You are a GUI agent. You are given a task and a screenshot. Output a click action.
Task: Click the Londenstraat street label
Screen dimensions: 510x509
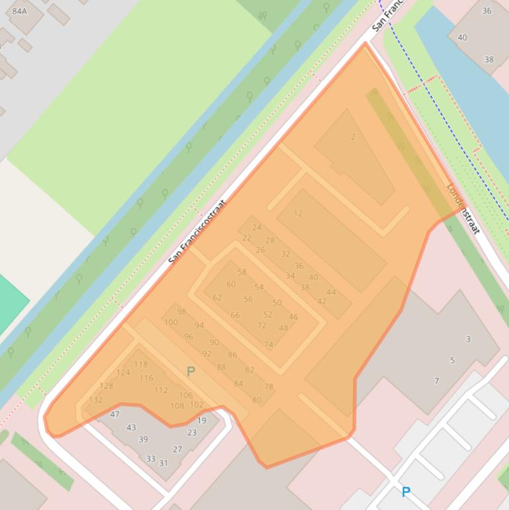[x=463, y=208]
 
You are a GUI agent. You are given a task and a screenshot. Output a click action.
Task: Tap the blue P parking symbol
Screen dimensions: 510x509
[x=406, y=491]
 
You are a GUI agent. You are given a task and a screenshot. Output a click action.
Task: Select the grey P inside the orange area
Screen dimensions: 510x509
[x=191, y=372]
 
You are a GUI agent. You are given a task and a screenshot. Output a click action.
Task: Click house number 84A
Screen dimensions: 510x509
[x=20, y=11]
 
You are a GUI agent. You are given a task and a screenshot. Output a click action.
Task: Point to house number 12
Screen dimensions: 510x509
[x=298, y=213]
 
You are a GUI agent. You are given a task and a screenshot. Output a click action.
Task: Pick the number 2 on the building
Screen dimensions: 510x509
[x=353, y=137]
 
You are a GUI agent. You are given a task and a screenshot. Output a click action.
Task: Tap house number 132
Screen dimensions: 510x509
[x=96, y=399]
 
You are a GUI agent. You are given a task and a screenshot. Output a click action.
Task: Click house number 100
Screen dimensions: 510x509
[x=171, y=323]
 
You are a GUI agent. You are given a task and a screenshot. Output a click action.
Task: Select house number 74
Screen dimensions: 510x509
[x=268, y=344]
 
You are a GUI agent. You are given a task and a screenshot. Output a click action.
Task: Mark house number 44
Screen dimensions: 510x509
[x=331, y=292]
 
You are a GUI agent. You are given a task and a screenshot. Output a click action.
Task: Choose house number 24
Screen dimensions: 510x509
[x=257, y=227]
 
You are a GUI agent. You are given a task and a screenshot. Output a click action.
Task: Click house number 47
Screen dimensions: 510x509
[x=115, y=414]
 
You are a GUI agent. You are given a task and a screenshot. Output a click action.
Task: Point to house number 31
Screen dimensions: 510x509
[x=163, y=463]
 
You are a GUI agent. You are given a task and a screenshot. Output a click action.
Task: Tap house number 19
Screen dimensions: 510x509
[x=202, y=420]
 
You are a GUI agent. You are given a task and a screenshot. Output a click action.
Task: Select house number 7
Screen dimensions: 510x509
[x=437, y=381]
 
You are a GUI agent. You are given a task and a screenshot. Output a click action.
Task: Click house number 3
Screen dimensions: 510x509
[x=468, y=339]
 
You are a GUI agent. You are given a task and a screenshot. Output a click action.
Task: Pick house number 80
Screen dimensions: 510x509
[x=257, y=399]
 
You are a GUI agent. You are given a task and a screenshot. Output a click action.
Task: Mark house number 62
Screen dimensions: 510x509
[x=217, y=297]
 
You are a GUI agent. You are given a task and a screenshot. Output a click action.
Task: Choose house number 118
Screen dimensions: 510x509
[x=141, y=364]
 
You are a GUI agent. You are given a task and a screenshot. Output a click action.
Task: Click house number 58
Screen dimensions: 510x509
[x=242, y=272]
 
